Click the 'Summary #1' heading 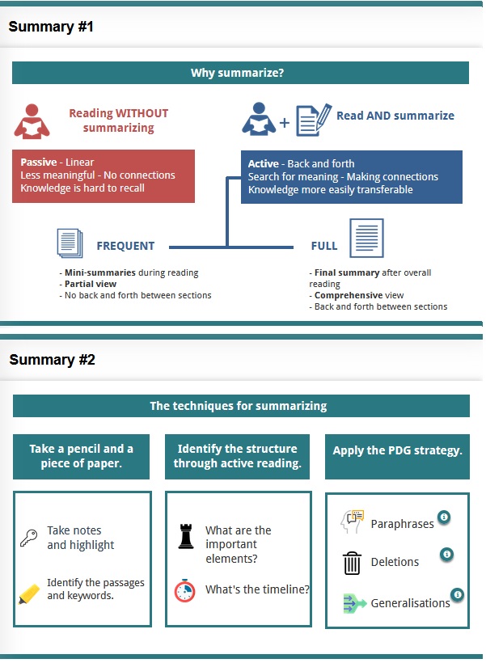click(x=51, y=27)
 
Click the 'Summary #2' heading click(x=52, y=360)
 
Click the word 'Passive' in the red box click(x=38, y=163)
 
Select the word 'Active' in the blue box click(x=264, y=163)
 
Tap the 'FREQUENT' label click(x=125, y=247)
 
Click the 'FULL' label click(x=324, y=247)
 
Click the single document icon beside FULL click(x=366, y=238)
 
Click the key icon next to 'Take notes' click(x=29, y=537)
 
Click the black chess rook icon click(x=186, y=536)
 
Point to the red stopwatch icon click(x=185, y=590)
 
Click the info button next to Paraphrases click(x=443, y=517)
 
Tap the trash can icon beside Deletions click(x=352, y=562)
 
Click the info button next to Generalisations click(x=458, y=595)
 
